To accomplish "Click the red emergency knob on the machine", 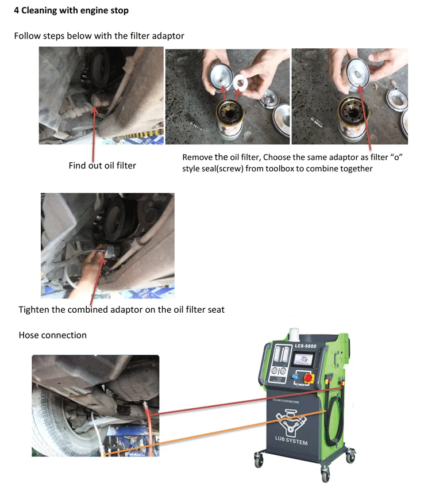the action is (308, 378).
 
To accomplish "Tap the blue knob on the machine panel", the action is (295, 377).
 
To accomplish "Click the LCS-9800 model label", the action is (306, 346).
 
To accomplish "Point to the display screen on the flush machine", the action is (303, 361).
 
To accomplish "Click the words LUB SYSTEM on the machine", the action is (291, 440).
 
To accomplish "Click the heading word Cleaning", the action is (39, 10).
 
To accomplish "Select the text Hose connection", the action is (53, 335).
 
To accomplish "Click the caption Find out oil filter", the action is (102, 166).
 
